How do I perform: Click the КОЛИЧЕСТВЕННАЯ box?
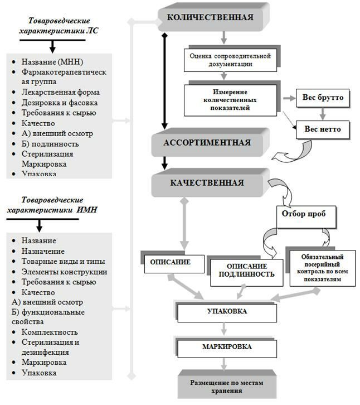pyautogui.click(x=210, y=17)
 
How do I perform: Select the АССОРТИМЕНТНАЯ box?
pyautogui.click(x=207, y=143)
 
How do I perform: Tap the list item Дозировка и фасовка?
pyautogui.click(x=60, y=103)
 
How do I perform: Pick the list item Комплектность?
pyautogui.click(x=48, y=332)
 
